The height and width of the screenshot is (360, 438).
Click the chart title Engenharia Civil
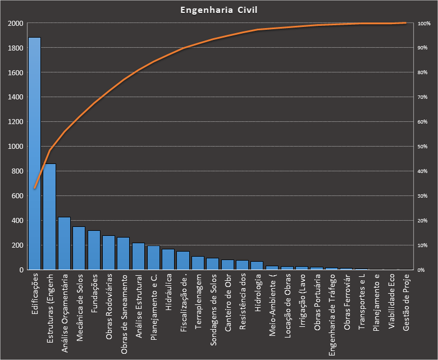219,10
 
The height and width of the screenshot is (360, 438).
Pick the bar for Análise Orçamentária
64,243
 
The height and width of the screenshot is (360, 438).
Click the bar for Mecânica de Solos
79,248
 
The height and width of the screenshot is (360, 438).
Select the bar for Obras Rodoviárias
108,253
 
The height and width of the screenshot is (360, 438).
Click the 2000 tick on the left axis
16,24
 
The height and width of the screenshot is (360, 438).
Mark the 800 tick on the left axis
17,171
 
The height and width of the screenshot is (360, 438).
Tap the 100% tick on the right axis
424,24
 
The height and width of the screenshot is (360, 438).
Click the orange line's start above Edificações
35,188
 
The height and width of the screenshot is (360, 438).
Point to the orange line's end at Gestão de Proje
405,23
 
